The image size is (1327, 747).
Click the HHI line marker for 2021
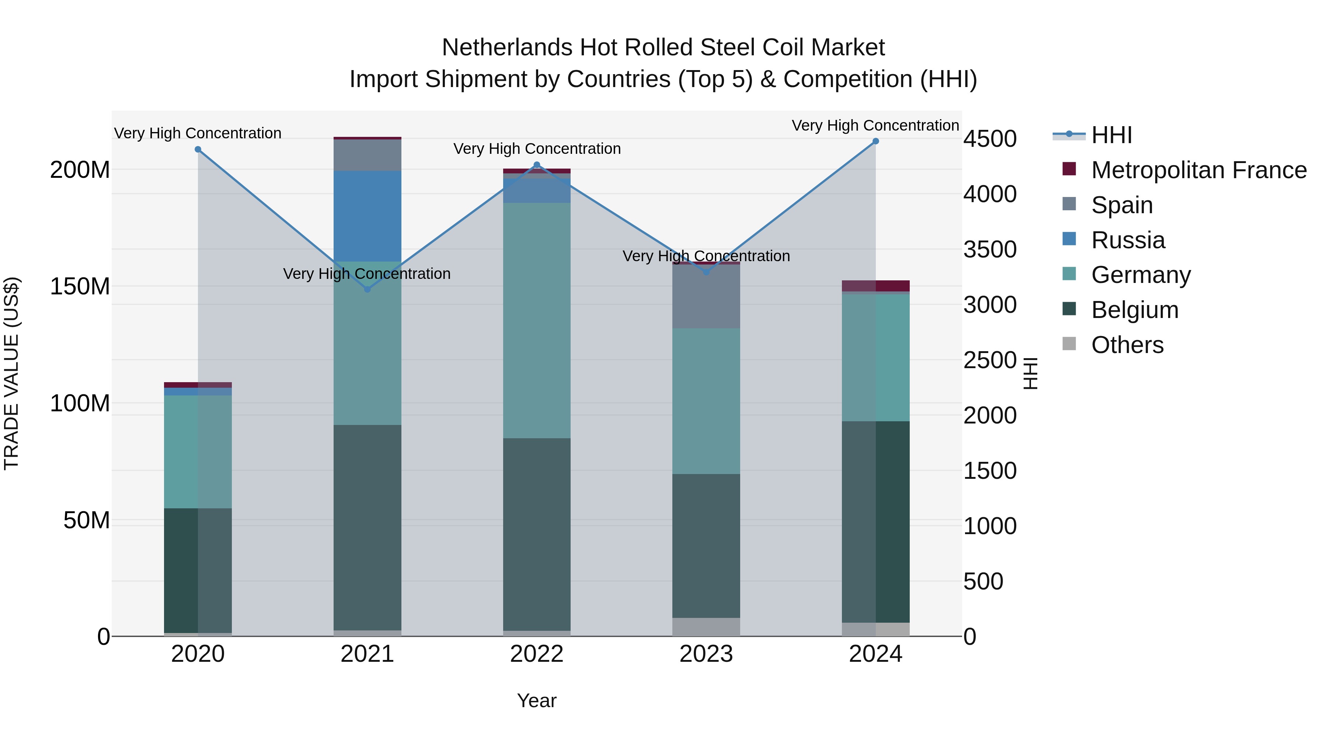367,289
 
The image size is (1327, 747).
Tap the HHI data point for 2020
198,149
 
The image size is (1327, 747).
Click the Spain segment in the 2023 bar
706,297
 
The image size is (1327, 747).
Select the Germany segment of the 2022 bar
537,319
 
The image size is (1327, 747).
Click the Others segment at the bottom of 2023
706,626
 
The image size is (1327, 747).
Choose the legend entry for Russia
1127,240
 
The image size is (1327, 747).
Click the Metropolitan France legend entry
1198,170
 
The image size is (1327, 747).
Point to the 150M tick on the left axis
80,287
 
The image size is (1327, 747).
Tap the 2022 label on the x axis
537,654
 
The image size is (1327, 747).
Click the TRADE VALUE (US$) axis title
11,373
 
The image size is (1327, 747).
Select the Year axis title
537,701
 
